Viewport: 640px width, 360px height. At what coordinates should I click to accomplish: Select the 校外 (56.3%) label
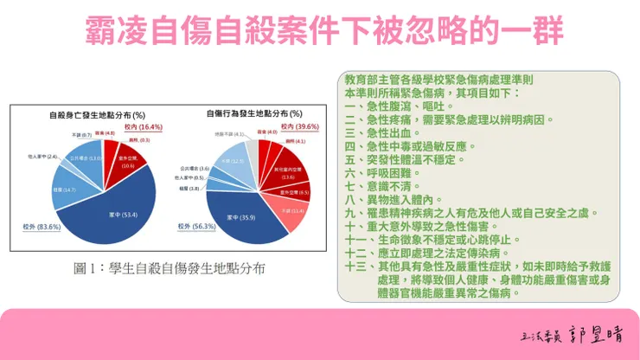click(x=191, y=227)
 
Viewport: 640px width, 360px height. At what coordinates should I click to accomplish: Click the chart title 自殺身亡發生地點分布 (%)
click(x=109, y=114)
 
